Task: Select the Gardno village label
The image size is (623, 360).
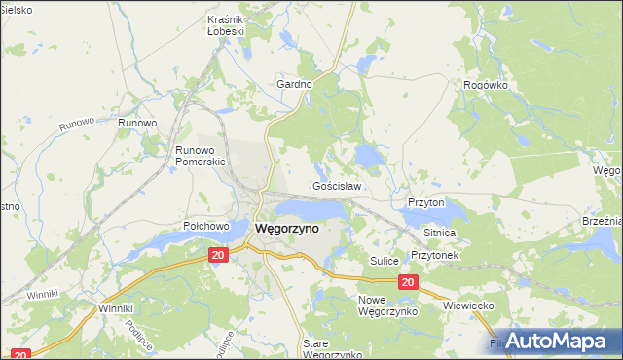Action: click(294, 85)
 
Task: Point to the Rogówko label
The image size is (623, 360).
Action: click(487, 85)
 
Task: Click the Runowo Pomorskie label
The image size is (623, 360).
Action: click(201, 156)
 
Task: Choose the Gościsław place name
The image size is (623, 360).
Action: click(337, 186)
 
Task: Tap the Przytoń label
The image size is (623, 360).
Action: click(426, 202)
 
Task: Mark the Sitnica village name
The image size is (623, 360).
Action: click(440, 234)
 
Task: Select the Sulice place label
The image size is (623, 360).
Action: click(386, 261)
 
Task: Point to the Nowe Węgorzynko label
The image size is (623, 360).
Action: click(387, 306)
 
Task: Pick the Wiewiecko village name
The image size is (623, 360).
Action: click(470, 306)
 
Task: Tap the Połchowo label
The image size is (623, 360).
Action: click(205, 225)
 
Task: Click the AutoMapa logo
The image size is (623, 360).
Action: click(556, 341)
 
